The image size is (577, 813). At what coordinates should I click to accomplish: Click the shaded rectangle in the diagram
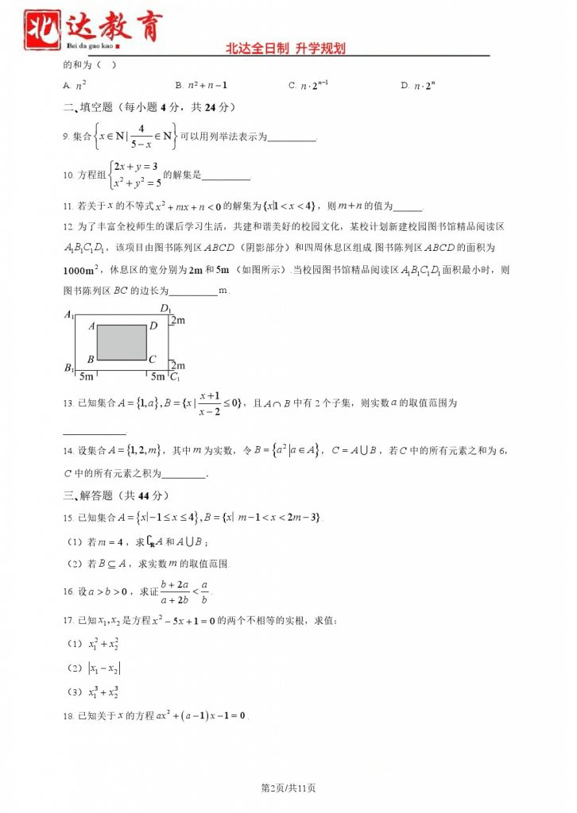[122, 341]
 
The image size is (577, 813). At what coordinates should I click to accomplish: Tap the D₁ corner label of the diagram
[165, 309]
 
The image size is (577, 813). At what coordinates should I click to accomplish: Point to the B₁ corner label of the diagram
[69, 369]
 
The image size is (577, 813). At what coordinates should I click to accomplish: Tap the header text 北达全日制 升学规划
[286, 49]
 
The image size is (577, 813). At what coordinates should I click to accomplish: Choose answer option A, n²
[75, 86]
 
